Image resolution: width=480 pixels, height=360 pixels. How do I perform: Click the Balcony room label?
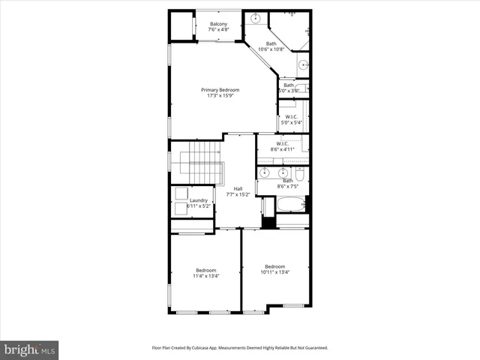pos(219,24)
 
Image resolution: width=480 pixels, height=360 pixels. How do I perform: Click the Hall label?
pos(238,188)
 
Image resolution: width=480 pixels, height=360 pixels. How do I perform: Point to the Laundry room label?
pos(198,200)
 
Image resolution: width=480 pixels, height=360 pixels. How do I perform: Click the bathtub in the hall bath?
pos(291,204)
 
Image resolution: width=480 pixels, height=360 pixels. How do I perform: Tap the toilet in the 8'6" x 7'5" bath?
pos(299,175)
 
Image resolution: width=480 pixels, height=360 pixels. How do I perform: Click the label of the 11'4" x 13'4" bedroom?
pos(206,270)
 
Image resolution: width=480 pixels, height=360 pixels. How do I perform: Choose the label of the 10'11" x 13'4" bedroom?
pos(274,266)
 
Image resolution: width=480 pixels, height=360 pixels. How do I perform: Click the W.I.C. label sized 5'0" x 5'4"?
pos(290,116)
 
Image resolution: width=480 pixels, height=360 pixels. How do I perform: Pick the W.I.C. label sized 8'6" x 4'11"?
pos(283,143)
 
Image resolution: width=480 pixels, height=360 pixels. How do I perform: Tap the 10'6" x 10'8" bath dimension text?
pos(271,49)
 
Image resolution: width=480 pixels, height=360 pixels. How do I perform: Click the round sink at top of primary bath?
pos(256,18)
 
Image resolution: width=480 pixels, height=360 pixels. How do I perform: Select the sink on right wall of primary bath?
pos(304,65)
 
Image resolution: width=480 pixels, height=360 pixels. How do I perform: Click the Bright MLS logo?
pos(30,349)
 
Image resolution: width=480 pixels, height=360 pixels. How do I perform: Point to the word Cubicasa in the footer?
pos(203,348)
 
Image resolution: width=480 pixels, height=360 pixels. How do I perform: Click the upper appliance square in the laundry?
pos(181,193)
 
